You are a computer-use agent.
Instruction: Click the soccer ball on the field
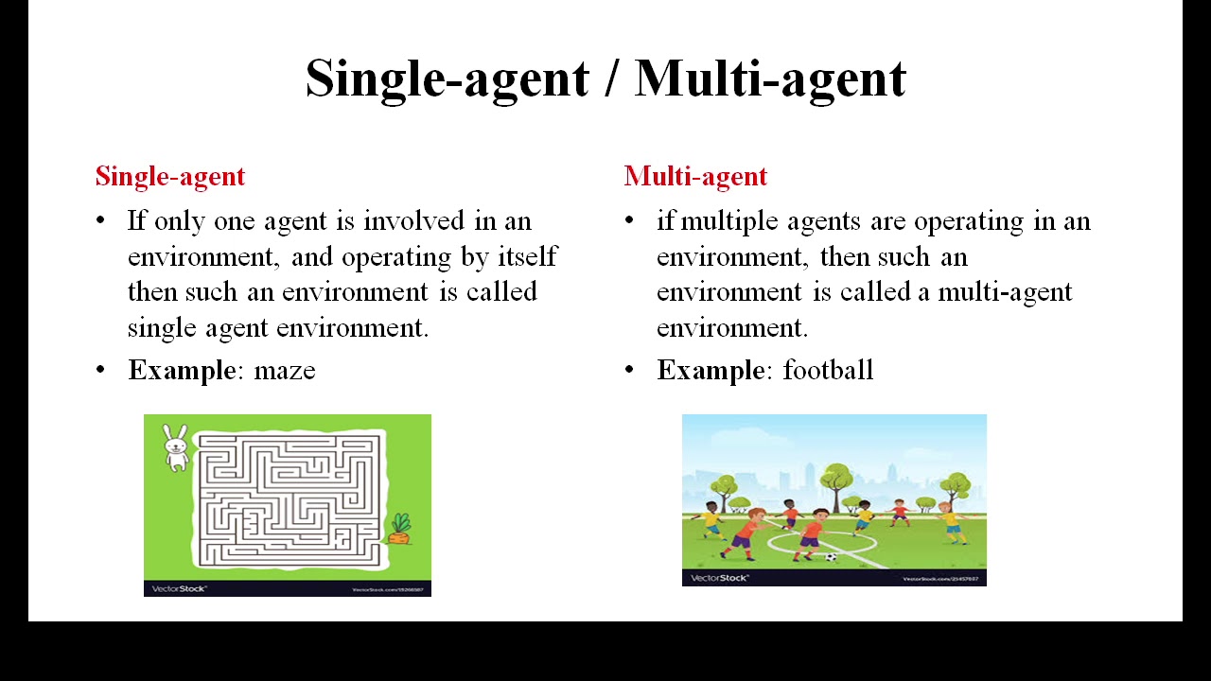tap(831, 557)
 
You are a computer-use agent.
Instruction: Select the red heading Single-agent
tap(170, 176)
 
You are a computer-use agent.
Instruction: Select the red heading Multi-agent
tap(695, 176)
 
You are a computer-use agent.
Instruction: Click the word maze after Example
tap(285, 370)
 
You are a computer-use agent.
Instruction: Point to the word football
tap(828, 370)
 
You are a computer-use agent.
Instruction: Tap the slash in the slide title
tap(611, 78)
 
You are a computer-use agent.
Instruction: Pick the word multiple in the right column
tap(728, 221)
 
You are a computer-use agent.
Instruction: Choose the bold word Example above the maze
tap(181, 370)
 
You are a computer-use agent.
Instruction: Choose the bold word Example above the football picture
tap(710, 370)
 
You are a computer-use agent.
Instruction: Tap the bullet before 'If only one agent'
tap(101, 221)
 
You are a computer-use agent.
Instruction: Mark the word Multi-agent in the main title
tap(770, 78)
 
